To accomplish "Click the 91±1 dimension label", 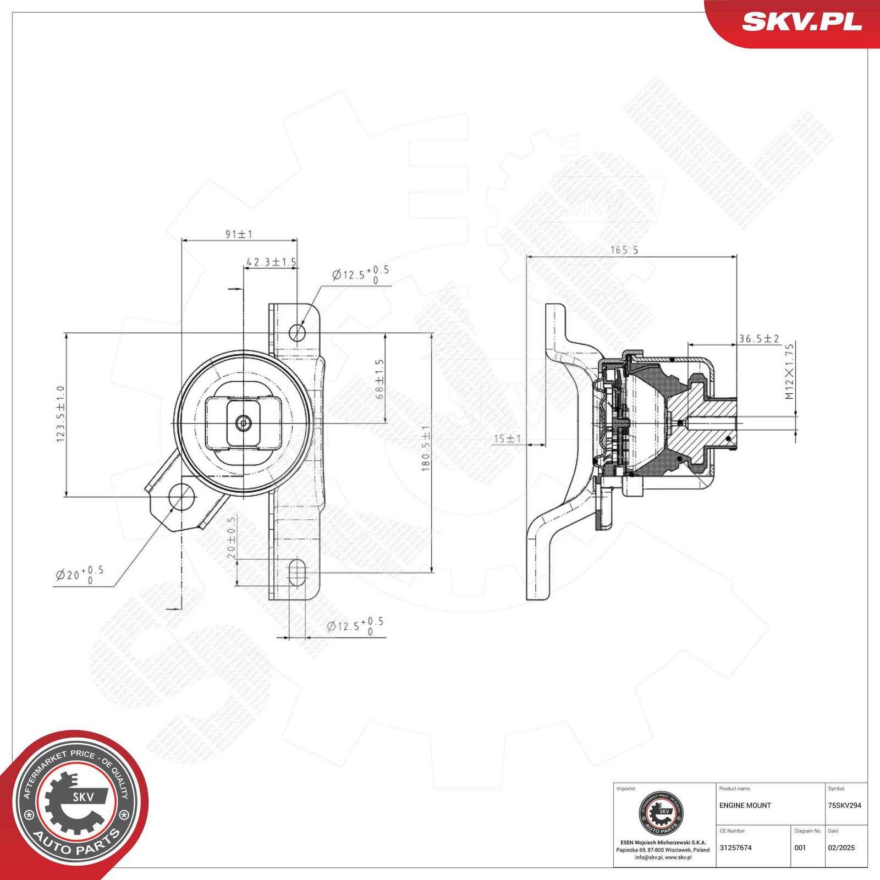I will [x=239, y=234].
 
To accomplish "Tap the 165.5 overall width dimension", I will [x=624, y=250].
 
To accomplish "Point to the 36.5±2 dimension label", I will [x=758, y=339].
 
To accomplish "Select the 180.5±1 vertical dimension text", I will [x=426, y=448].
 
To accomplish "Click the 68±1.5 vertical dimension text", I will [x=379, y=380].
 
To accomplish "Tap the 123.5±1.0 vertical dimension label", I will [x=61, y=414].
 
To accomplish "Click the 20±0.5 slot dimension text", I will [x=231, y=537].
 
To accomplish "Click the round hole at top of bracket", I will [x=297, y=332].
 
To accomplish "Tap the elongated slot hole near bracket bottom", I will [x=296, y=573].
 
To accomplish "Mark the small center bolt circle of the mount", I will [x=243, y=423].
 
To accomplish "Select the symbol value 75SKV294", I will [x=844, y=805].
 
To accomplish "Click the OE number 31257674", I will [x=735, y=848].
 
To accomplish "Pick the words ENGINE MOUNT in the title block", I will [x=745, y=805].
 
